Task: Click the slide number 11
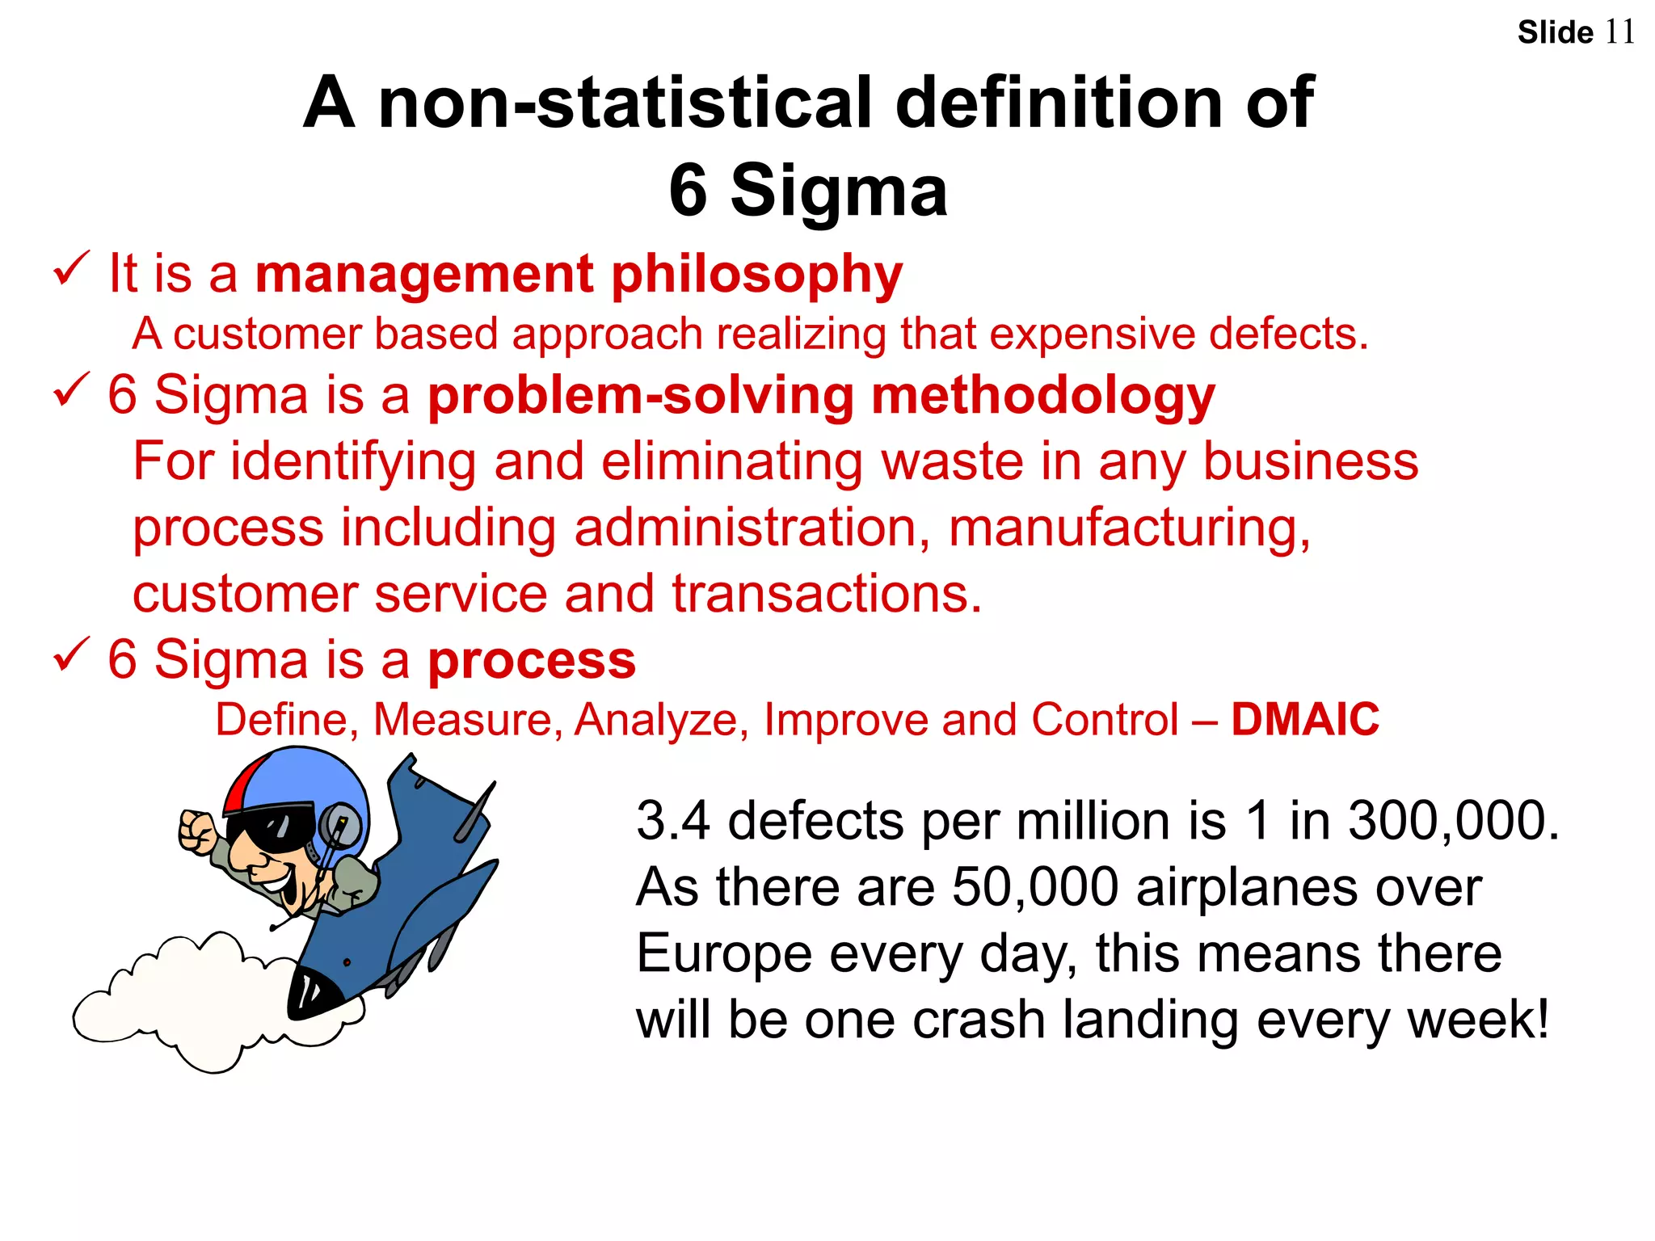click(1619, 32)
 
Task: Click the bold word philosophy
click(756, 275)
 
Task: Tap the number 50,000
click(1035, 887)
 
